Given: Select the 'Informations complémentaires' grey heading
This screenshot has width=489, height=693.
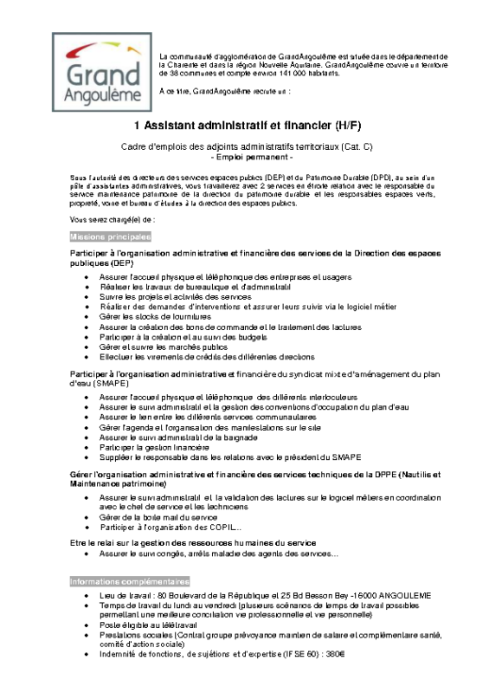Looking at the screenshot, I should point(130,581).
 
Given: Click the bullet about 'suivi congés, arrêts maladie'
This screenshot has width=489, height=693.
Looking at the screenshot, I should point(212,554).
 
